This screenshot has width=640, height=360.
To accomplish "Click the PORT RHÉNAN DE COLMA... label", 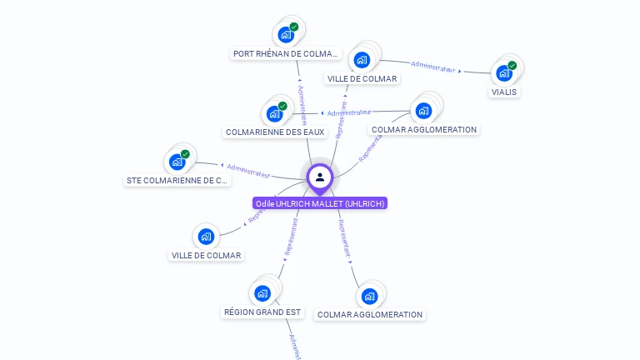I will pyautogui.click(x=287, y=53).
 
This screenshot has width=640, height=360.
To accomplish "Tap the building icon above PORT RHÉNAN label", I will pyautogui.click(x=286, y=35).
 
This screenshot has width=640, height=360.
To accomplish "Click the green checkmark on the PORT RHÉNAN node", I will pyautogui.click(x=294, y=27).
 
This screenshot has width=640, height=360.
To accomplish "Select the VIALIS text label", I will pyautogui.click(x=503, y=92).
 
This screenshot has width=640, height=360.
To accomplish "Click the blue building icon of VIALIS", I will pyautogui.click(x=504, y=73).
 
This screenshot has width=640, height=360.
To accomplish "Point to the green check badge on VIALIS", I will pyautogui.click(x=512, y=65).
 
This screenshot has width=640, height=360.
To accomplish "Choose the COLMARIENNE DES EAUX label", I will pyautogui.click(x=274, y=132).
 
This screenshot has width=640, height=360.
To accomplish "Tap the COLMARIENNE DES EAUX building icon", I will pyautogui.click(x=274, y=114).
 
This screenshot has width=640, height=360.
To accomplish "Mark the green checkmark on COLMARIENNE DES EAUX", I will pyautogui.click(x=282, y=106).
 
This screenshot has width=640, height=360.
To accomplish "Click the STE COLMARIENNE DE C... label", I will pyautogui.click(x=177, y=180).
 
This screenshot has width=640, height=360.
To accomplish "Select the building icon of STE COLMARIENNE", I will pyautogui.click(x=177, y=162).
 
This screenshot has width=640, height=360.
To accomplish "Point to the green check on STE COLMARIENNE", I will pyautogui.click(x=185, y=154).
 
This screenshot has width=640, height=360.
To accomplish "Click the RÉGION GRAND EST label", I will pyautogui.click(x=262, y=312).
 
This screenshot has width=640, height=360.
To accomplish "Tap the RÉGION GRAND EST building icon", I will pyautogui.click(x=262, y=293).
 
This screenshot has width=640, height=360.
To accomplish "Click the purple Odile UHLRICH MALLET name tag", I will pyautogui.click(x=320, y=203).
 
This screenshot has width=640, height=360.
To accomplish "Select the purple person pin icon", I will pyautogui.click(x=320, y=177).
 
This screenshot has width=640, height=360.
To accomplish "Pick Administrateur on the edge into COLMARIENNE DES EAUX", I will pyautogui.click(x=348, y=112).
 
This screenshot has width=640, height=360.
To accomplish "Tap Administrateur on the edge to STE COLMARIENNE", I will pyautogui.click(x=248, y=171).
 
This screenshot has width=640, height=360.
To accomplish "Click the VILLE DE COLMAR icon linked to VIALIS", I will pyautogui.click(x=362, y=60).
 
